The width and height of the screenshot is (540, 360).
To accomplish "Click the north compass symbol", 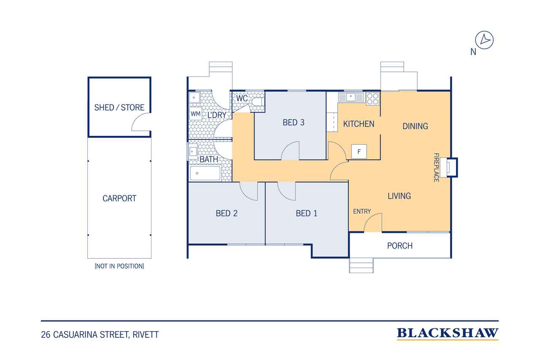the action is tap(484, 40).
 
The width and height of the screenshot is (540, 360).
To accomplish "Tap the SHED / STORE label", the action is tap(119, 108).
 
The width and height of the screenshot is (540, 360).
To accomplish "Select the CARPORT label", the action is tap(119, 198).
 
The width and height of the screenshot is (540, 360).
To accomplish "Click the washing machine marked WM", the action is tap(195, 114).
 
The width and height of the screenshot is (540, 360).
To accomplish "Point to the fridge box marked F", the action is tap(359, 152).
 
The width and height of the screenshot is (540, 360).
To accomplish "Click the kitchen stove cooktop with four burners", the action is tap(373, 99).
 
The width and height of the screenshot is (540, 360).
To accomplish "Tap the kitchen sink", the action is tap(351, 97).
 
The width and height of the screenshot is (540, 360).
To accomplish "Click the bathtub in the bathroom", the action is tap(205, 173).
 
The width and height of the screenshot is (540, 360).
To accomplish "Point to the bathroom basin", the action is tap(193, 152).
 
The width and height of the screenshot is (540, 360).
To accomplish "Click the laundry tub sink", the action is tap(194, 98).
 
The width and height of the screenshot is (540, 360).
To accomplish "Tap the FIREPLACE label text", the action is tap(436, 168).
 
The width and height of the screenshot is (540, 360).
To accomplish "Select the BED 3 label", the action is tap(293, 122).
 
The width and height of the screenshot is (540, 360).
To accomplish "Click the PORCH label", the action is tap(400, 246).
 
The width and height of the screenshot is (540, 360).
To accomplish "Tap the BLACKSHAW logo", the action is tap(448, 333).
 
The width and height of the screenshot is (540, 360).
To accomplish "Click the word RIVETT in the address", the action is tap(146, 335).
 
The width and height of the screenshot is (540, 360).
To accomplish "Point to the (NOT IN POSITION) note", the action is tap(119, 266).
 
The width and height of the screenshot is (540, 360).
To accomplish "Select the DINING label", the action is tap(416, 126).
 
